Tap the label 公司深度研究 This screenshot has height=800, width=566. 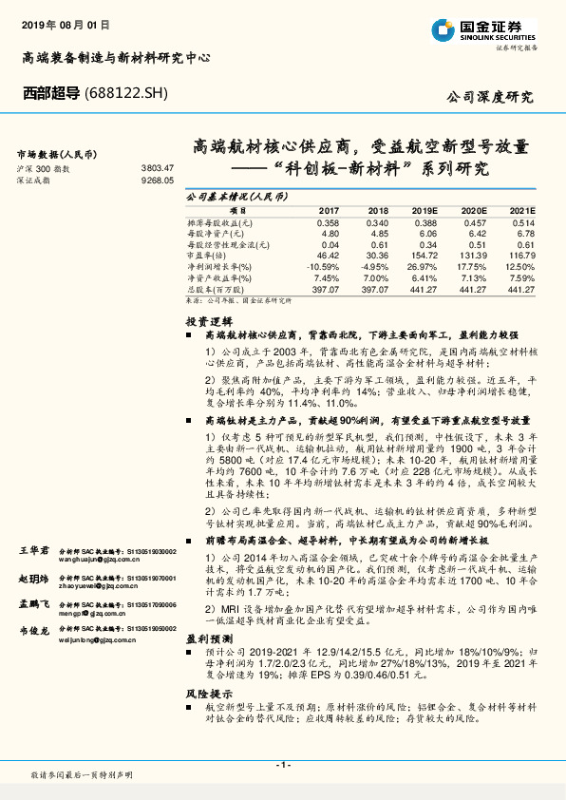click(x=490, y=97)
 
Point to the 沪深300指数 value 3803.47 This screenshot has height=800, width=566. click(x=157, y=167)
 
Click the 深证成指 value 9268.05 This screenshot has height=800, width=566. click(x=157, y=179)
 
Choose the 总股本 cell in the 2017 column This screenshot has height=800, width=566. click(x=327, y=289)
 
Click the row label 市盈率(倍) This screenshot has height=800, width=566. click(x=208, y=256)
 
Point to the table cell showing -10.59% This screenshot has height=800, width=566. click(x=325, y=267)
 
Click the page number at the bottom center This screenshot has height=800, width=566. click(x=282, y=765)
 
